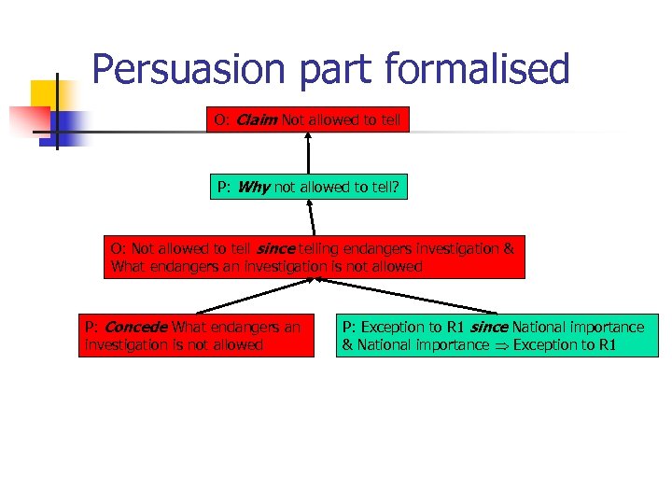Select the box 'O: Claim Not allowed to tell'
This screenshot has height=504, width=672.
(x=308, y=120)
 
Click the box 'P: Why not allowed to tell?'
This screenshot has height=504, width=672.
(x=308, y=187)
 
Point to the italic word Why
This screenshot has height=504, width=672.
(x=253, y=187)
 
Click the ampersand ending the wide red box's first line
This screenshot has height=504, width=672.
(x=509, y=249)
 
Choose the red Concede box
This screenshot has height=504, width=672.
(x=197, y=336)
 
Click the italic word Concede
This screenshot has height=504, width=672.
(x=136, y=328)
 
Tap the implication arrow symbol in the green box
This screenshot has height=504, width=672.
(x=503, y=345)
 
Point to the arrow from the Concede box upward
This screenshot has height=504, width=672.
(x=252, y=297)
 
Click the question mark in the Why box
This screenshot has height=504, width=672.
(x=395, y=187)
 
